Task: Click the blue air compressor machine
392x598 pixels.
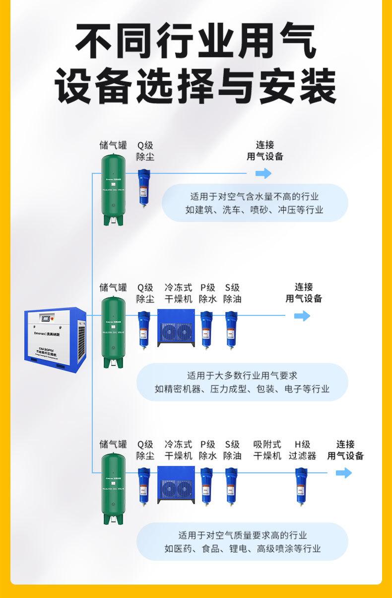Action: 56,337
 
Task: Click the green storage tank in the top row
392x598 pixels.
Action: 114,189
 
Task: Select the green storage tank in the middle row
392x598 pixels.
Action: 114,332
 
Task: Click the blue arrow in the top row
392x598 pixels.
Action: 263,173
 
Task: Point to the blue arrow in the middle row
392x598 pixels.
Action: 302,316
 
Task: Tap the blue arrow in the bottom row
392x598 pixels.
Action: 343,473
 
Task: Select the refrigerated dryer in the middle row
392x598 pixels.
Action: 176,327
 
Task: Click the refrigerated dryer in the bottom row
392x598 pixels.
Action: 176,484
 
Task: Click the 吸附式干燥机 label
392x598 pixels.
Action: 267,450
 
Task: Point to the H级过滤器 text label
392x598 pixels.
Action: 302,450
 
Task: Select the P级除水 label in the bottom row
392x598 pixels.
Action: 207,450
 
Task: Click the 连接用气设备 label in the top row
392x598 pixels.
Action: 265,150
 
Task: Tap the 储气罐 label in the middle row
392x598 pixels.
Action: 113,288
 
